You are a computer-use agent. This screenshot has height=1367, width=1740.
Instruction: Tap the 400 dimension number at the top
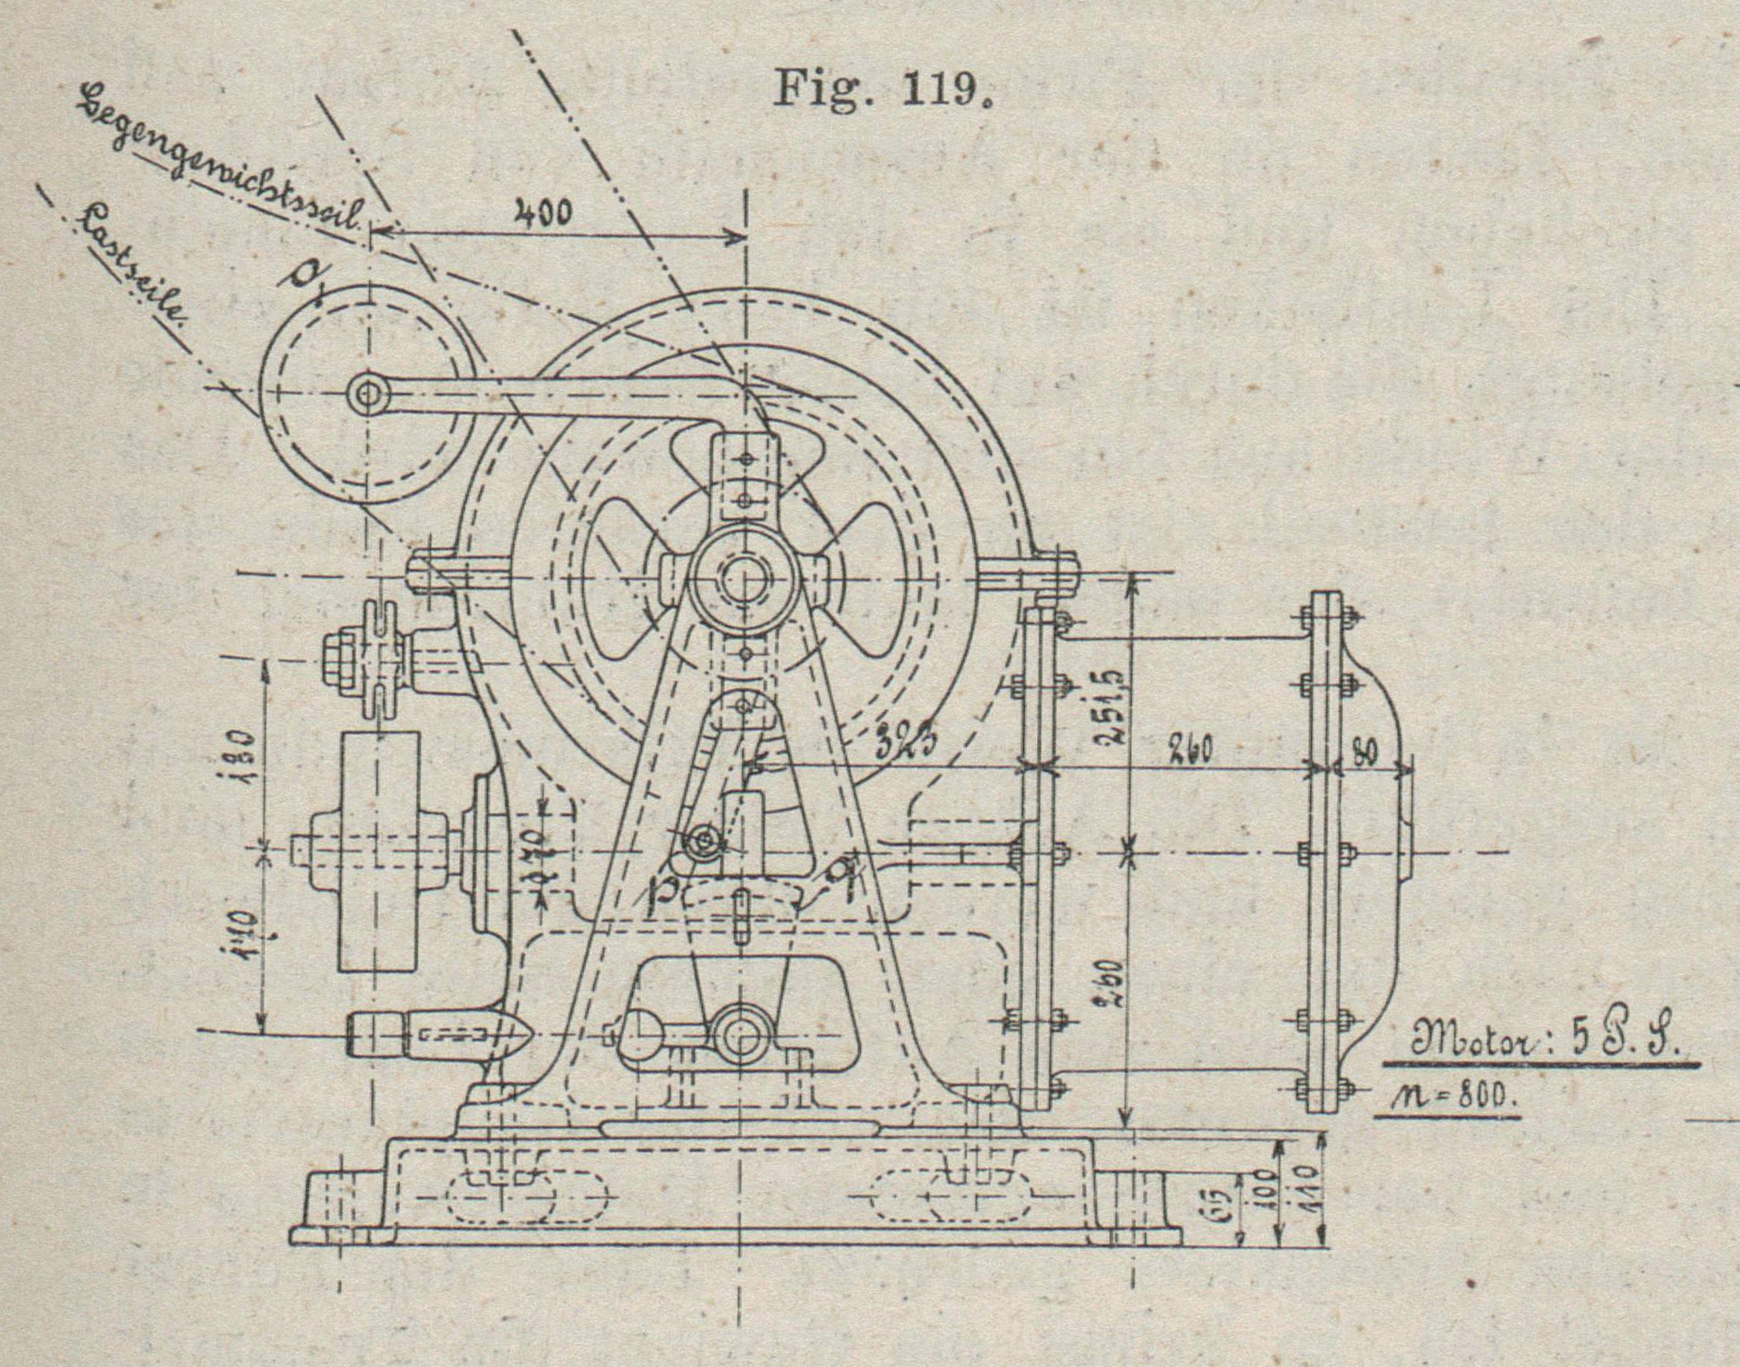pyautogui.click(x=542, y=215)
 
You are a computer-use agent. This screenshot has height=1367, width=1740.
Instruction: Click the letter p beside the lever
pyautogui.click(x=661, y=894)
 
